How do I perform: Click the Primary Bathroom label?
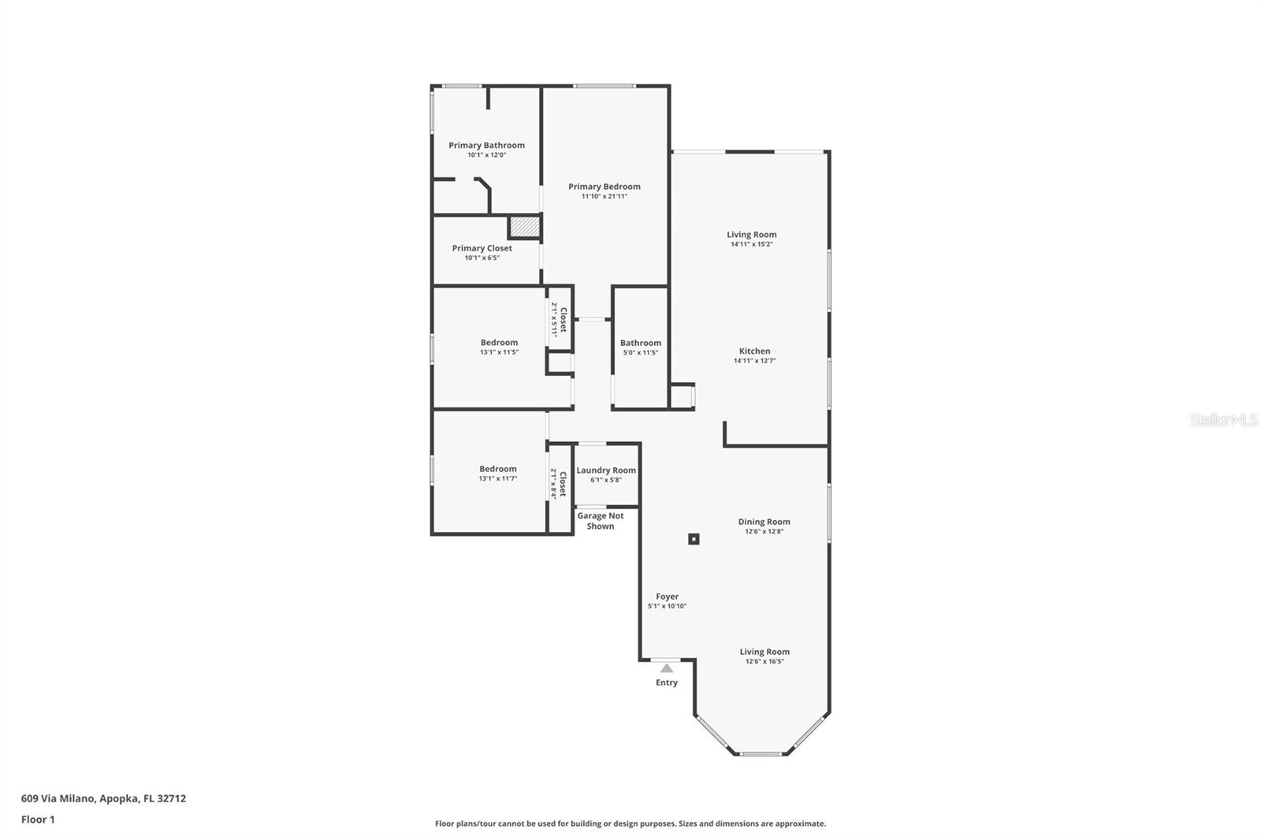tap(486, 145)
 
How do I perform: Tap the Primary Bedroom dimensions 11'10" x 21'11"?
tap(604, 196)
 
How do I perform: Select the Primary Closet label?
tap(482, 248)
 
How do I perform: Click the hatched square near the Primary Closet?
tap(525, 227)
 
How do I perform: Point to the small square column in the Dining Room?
tap(694, 539)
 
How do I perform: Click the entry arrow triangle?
tap(667, 668)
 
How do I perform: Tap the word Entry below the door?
tap(667, 682)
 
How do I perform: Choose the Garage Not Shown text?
tap(600, 521)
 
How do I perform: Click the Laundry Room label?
tap(606, 470)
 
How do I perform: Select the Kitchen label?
tap(754, 351)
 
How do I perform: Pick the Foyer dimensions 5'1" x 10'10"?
tap(667, 606)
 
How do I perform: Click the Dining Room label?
tap(764, 522)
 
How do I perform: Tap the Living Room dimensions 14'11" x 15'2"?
tap(752, 244)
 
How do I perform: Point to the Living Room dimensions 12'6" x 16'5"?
tap(764, 662)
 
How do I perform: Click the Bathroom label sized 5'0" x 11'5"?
tap(641, 343)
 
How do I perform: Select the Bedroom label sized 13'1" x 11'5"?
tap(499, 342)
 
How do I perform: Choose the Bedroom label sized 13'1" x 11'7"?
tap(497, 469)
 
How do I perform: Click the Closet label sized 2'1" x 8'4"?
tap(563, 484)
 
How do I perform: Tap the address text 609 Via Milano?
tap(58, 798)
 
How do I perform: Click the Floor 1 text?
tap(38, 820)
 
